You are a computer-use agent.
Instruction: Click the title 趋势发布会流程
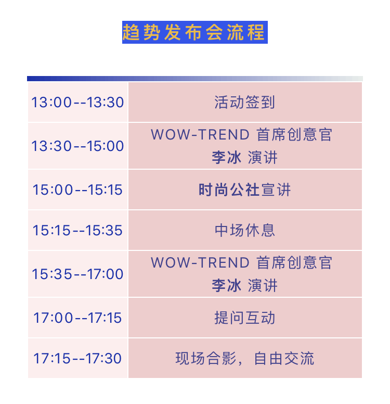(194, 32)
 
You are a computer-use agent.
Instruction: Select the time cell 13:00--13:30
(77, 102)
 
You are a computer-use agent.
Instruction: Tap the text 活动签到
(245, 102)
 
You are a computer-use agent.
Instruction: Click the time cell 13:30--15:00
(77, 146)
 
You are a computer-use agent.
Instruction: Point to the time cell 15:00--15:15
(77, 190)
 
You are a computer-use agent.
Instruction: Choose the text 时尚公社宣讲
(245, 190)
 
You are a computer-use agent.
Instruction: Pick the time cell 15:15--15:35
(77, 230)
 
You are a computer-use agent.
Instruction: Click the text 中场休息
(245, 230)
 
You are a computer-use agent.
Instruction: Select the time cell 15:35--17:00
(77, 274)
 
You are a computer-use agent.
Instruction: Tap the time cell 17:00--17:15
(77, 318)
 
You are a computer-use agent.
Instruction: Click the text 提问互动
(245, 318)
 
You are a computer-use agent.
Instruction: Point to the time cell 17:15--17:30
(77, 358)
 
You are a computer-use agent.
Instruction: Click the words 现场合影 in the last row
(206, 358)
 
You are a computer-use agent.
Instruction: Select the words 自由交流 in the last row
(284, 358)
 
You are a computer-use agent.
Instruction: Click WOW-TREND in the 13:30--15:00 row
(200, 134)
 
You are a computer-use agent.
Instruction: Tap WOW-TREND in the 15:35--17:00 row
(200, 262)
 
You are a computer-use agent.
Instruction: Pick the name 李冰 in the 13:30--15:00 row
(227, 157)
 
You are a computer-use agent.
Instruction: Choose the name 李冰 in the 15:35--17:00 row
(227, 285)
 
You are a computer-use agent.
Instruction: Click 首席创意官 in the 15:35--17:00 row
(294, 262)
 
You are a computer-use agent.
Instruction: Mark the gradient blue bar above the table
(195, 79)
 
